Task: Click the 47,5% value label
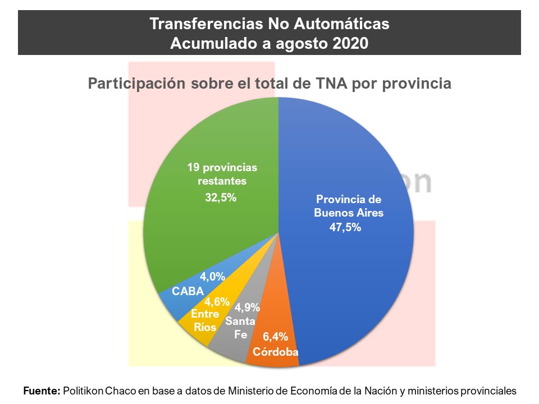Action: coord(345,227)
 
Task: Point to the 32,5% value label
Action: coord(221,198)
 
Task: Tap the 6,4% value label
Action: coord(275,337)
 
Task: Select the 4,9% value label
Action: coord(247,307)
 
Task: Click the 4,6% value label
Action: coord(217,302)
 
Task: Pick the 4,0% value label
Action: coord(212,277)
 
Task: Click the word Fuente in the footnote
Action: coord(42,391)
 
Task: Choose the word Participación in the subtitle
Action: coord(137,84)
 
